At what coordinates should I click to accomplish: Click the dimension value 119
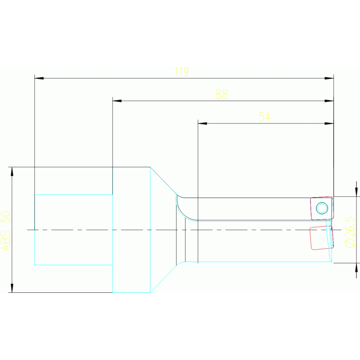181,72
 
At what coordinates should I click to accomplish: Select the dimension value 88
222,94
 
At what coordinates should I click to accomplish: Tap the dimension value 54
265,117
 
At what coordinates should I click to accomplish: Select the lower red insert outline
322,237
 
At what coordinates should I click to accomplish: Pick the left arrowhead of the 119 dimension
38,78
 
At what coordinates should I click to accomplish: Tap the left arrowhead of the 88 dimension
117,100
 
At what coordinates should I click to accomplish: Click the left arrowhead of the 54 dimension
202,123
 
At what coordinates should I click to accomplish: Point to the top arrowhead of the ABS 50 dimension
12,171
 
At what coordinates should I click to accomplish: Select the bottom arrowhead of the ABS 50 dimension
12,288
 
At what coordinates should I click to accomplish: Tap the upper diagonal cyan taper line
163,180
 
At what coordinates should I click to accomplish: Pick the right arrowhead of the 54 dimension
329,123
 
